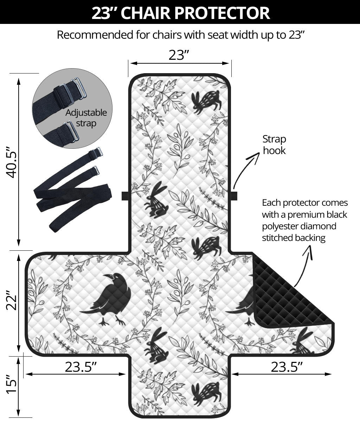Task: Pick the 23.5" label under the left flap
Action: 81,367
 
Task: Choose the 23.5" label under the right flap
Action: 287,367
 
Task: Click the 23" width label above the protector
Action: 179,55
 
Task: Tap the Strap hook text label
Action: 274,145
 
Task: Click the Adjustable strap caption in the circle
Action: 86,118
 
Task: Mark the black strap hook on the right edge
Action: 234,196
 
